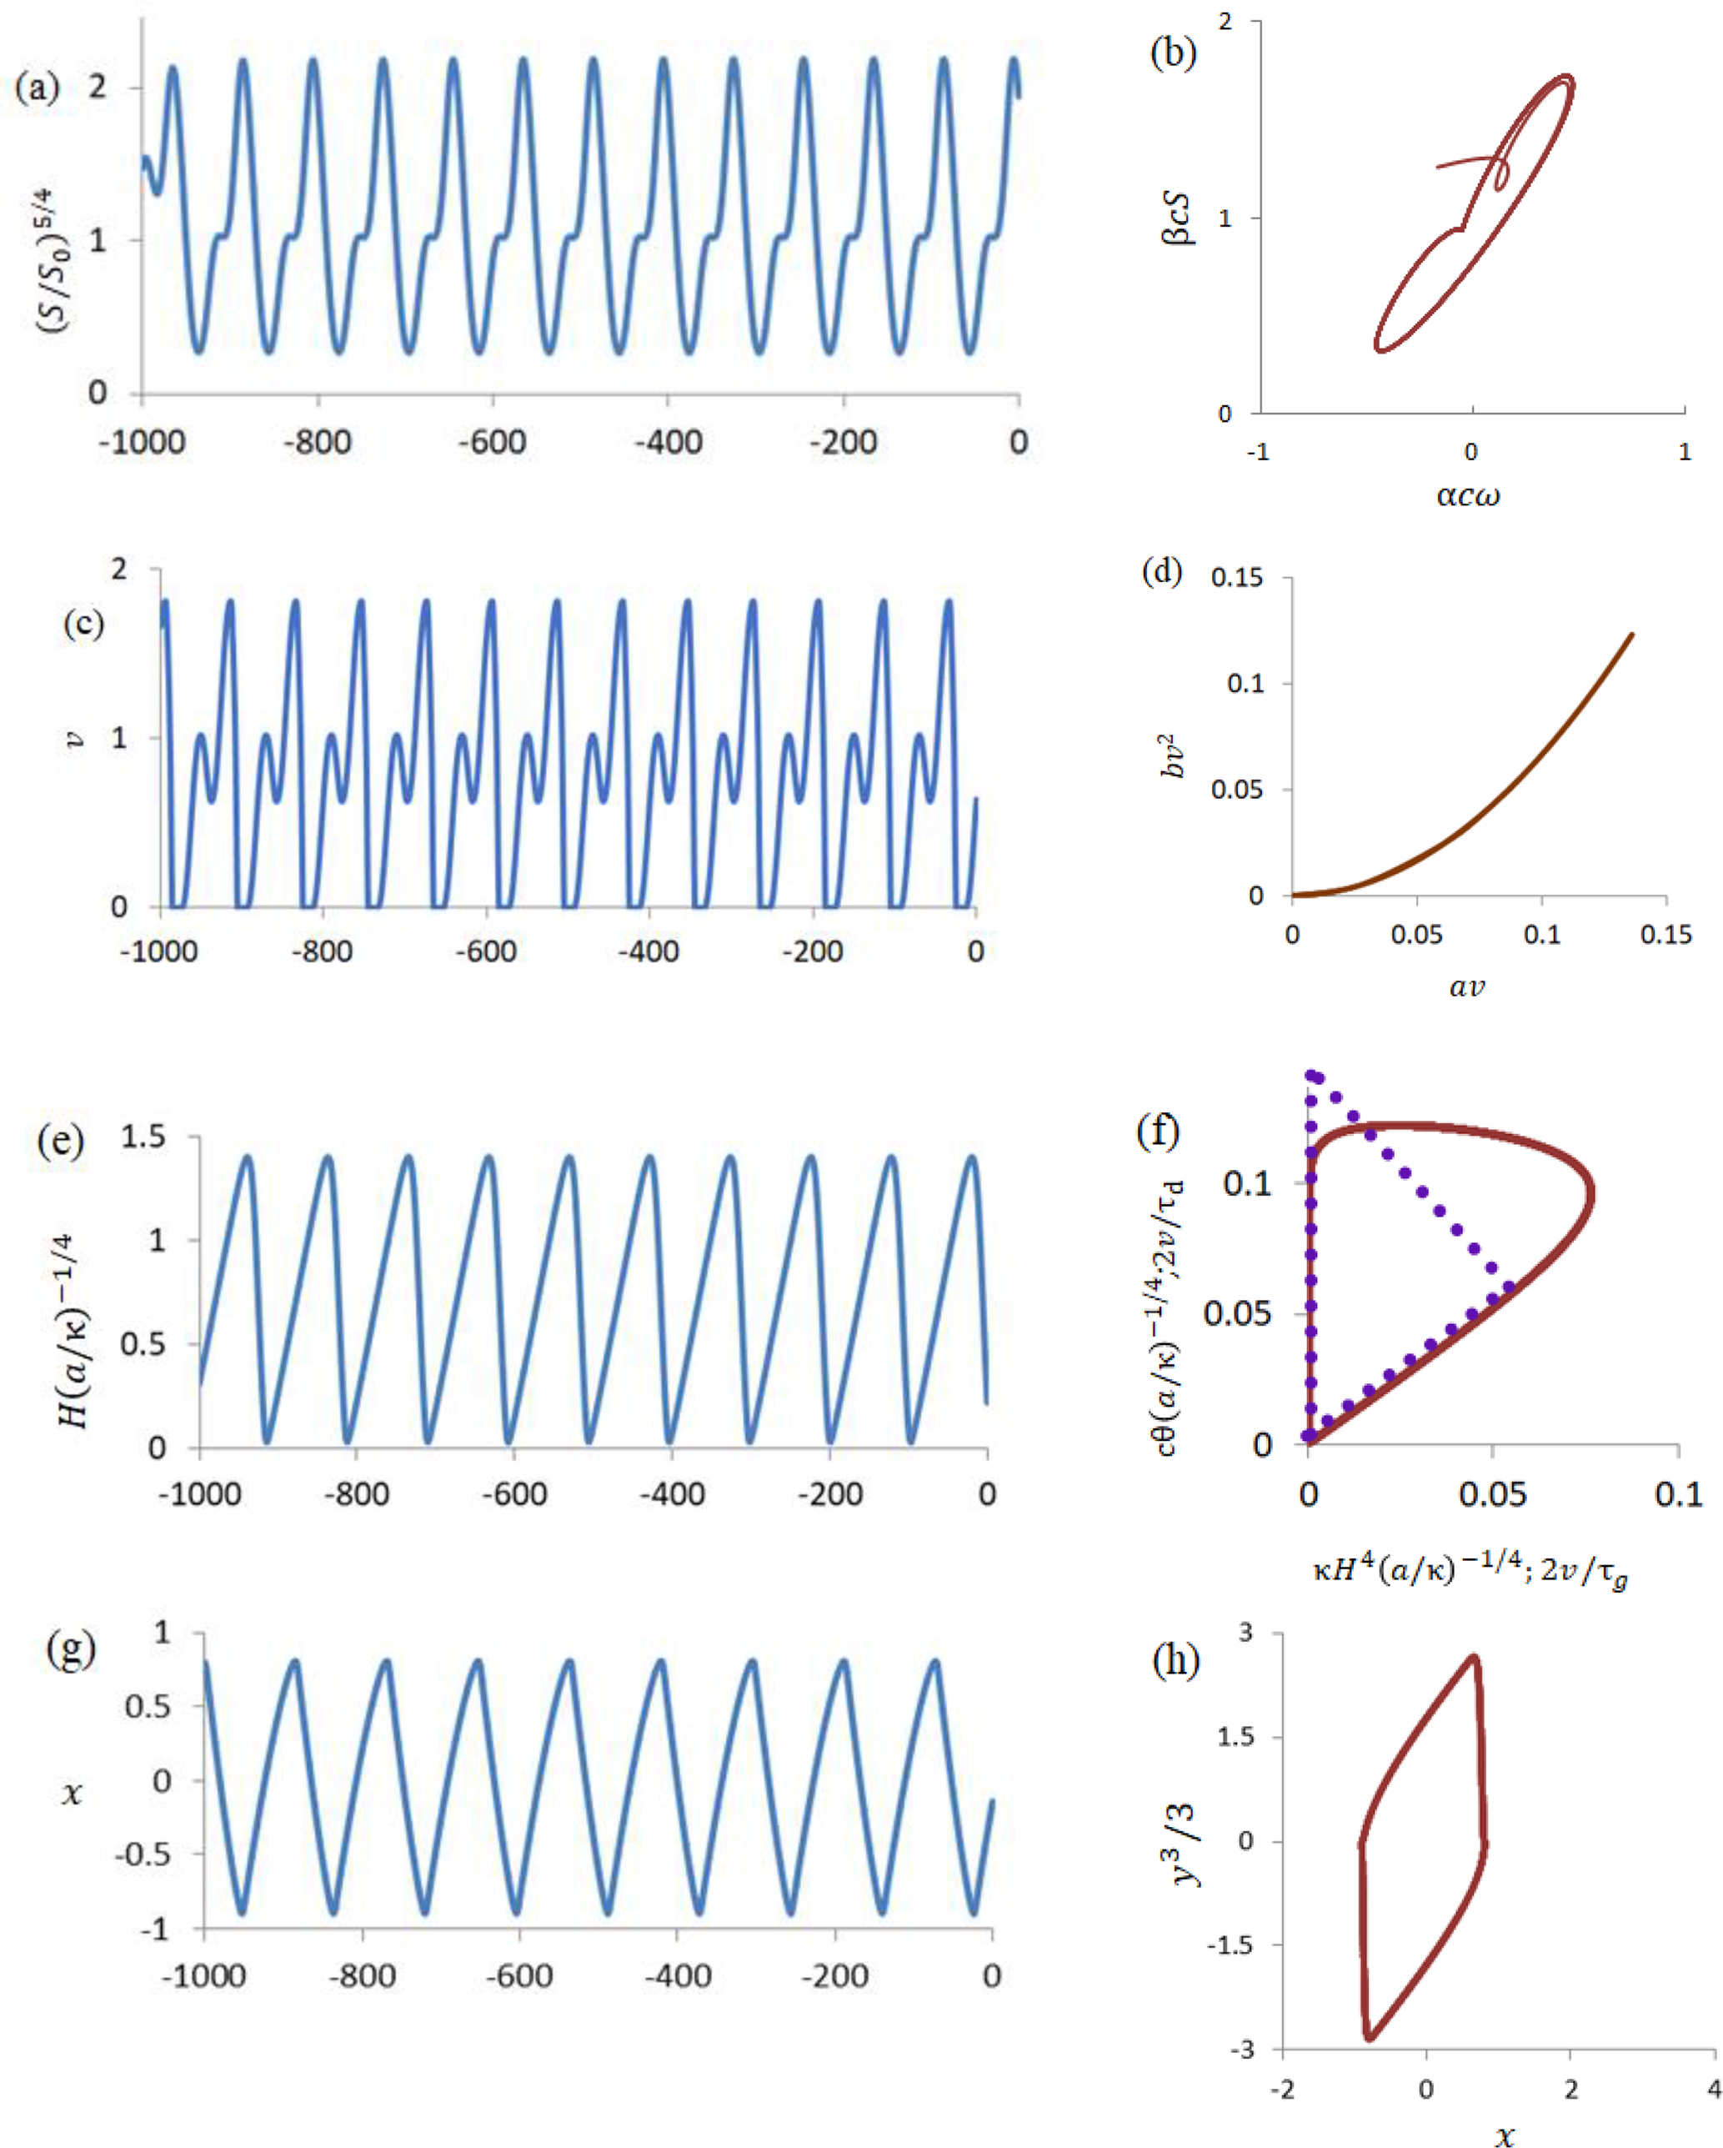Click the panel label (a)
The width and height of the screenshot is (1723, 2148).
(x=37, y=88)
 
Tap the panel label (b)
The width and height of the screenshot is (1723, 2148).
(x=1172, y=52)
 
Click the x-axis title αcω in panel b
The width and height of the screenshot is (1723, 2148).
(x=1467, y=494)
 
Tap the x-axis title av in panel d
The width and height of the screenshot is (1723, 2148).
(x=1466, y=986)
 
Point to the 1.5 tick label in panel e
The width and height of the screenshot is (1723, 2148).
(x=143, y=1137)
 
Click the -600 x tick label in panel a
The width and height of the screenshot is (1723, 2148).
(x=492, y=441)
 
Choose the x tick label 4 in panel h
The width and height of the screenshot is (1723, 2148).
(x=1714, y=2088)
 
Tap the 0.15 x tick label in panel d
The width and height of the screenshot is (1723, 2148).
(x=1666, y=934)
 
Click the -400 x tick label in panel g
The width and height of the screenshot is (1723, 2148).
(x=677, y=1975)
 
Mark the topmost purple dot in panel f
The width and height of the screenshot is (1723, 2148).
(x=1310, y=1074)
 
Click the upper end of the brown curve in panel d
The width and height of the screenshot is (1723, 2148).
(x=1631, y=634)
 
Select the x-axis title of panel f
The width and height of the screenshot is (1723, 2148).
(x=1470, y=1571)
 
